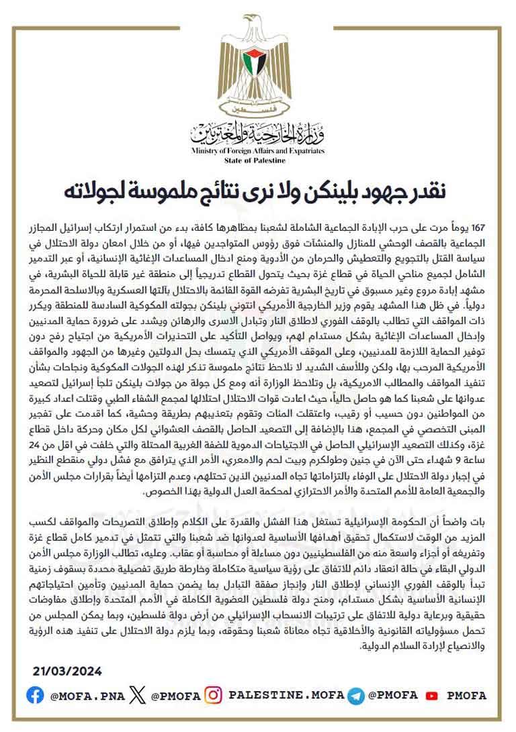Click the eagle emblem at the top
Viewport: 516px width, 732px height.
[x=258, y=64]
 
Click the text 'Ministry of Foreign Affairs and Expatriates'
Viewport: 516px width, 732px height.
[x=258, y=152]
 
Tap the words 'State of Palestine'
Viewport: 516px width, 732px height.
[x=258, y=161]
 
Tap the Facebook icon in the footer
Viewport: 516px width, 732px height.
[x=35, y=695]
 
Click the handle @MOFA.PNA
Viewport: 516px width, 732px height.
[x=87, y=696]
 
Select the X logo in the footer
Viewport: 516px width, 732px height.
[x=137, y=695]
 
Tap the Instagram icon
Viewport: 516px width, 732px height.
[x=213, y=695]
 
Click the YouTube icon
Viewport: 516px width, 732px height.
[x=432, y=696]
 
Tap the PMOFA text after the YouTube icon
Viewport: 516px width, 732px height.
[x=466, y=696]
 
